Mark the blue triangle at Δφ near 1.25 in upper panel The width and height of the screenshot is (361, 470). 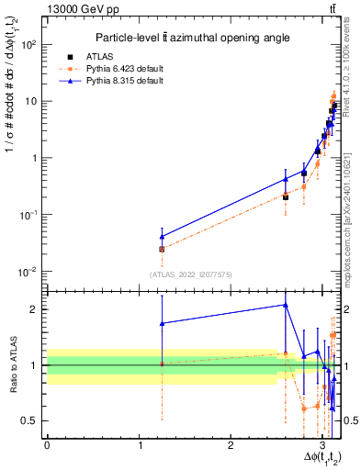(x=162, y=237)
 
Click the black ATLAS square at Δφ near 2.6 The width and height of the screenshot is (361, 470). (x=286, y=196)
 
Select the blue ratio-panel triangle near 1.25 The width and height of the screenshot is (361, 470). (x=162, y=323)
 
